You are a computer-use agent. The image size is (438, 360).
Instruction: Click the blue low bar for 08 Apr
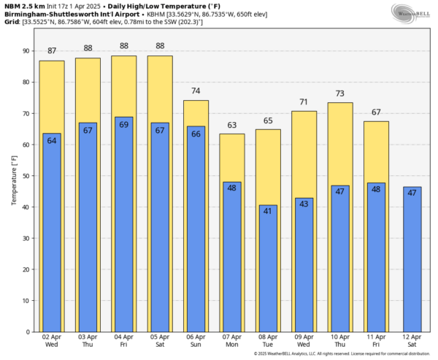pos(268,270)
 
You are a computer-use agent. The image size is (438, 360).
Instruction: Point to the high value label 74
pos(196,91)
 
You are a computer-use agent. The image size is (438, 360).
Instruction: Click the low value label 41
pos(268,211)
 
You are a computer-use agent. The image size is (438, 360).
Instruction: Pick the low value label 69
pos(124,124)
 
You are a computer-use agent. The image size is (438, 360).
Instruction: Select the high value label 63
pos(232,125)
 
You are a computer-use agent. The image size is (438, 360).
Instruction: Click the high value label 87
pos(52,51)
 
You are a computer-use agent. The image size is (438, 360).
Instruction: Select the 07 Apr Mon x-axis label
pos(232,341)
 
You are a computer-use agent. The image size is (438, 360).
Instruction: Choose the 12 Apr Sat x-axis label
pos(412,341)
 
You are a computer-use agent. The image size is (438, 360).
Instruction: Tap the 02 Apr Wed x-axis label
pos(52,341)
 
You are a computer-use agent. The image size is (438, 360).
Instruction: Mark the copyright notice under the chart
pos(340,354)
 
